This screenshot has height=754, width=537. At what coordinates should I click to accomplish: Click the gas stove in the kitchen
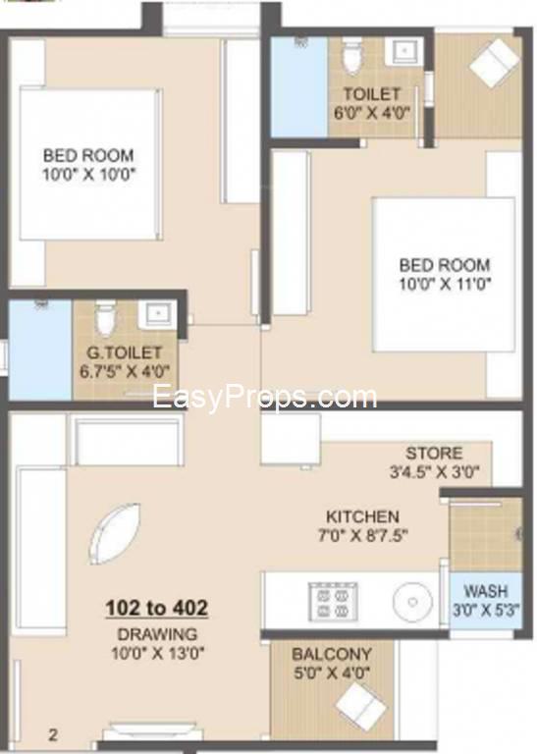pos(334,601)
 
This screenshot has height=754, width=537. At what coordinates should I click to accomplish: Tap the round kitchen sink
pos(412,602)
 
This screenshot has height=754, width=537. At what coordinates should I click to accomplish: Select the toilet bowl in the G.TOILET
pos(106,317)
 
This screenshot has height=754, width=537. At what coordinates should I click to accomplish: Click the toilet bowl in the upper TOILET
pos(351,57)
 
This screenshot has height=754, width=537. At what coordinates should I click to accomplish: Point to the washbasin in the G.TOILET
pos(155,314)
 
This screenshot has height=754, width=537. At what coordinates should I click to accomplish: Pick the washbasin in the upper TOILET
pos(406,52)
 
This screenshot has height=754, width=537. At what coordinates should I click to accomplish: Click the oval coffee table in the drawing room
pos(115,534)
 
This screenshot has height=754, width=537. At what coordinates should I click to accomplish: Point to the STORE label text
pos(434,453)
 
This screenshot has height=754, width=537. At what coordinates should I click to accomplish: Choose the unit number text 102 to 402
pos(157,608)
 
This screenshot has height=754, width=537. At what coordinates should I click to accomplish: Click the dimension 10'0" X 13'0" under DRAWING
pos(158,654)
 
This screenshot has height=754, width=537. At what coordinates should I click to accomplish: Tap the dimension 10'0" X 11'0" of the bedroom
pos(445,284)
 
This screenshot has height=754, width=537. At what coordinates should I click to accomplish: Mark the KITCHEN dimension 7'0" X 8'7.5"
pos(363,535)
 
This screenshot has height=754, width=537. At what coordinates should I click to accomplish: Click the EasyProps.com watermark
pos(264,398)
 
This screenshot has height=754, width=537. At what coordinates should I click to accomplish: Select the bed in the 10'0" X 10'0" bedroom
pos(90,164)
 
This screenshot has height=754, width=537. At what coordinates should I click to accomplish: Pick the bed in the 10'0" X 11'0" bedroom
pos(444,275)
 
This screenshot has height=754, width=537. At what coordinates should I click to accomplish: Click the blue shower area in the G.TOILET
pos(40,350)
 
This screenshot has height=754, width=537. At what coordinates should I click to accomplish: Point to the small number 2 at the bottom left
pos(53,735)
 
